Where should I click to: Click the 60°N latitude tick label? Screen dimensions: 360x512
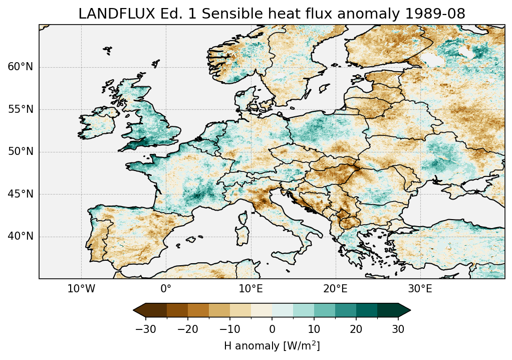click(x=20, y=67)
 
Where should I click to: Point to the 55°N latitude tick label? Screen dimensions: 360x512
click(x=20, y=109)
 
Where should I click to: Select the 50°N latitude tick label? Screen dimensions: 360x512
click(x=20, y=151)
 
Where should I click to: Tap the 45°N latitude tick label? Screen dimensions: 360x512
click(x=20, y=194)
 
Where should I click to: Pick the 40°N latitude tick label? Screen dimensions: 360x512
click(x=20, y=236)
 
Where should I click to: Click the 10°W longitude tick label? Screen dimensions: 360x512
click(x=81, y=289)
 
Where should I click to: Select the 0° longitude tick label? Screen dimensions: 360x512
click(x=166, y=289)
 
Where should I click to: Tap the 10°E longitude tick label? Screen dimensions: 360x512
click(x=250, y=289)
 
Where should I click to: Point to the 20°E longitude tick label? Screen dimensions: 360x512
click(x=335, y=289)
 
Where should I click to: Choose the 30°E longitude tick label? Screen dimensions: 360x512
click(x=420, y=289)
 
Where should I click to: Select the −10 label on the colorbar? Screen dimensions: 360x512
click(x=229, y=329)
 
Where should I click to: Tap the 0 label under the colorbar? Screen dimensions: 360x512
click(x=272, y=329)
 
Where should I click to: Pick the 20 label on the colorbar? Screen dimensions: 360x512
click(x=356, y=329)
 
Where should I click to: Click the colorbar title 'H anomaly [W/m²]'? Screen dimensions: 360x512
click(x=272, y=346)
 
